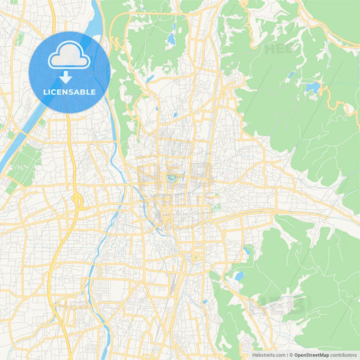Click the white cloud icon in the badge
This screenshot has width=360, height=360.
click(x=70, y=57)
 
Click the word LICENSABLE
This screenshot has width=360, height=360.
click(x=70, y=92)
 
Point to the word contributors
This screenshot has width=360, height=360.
click(x=344, y=355)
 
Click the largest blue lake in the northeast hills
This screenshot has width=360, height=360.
click(x=313, y=87)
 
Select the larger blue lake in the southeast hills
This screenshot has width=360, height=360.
click(x=238, y=276)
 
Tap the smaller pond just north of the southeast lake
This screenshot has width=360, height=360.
click(x=246, y=251)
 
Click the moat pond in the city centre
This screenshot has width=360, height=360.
click(x=173, y=178)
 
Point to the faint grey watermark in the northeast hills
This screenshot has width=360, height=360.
click(x=279, y=49)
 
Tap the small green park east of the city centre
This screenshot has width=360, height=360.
click(x=216, y=207)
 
